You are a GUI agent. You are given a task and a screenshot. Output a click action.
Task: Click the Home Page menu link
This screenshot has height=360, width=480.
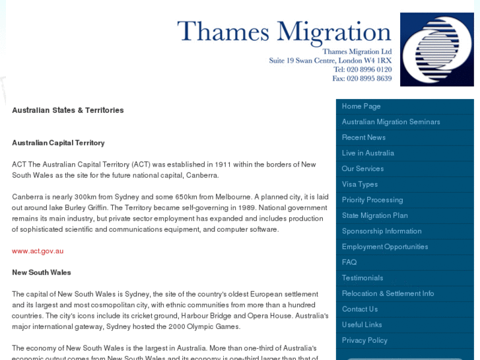point(361,106)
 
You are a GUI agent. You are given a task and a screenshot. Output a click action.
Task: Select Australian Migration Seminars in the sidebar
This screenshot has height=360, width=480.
point(391,122)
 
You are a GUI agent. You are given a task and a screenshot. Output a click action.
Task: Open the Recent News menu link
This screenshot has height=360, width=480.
point(364,137)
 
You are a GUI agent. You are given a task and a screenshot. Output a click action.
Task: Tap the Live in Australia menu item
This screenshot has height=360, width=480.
point(368,153)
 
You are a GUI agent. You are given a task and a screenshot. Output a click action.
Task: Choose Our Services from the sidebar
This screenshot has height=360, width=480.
point(362,169)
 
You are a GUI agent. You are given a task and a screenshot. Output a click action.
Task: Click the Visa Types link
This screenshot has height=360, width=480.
point(360,184)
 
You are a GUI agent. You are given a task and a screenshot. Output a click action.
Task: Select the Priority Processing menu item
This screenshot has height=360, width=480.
point(372,200)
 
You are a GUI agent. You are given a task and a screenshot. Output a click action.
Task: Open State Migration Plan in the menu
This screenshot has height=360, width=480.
point(374,215)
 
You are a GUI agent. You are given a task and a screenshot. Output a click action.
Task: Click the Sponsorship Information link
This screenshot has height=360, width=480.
point(382,231)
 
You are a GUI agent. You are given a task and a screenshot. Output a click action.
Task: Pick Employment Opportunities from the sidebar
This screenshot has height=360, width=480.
point(385,247)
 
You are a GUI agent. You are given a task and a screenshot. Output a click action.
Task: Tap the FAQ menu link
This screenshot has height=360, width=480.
point(349,262)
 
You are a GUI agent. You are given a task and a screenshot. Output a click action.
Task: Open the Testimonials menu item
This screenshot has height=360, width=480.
point(362,278)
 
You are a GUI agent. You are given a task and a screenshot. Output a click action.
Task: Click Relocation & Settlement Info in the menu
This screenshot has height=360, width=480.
point(388,293)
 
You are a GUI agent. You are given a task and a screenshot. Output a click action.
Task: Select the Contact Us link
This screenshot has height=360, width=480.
point(360,309)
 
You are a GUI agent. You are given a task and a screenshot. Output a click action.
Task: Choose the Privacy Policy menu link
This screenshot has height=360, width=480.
point(364,340)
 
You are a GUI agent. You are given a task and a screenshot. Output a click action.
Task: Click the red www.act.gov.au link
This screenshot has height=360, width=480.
point(38,251)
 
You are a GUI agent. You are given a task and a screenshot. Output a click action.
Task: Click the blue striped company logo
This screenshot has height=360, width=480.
point(436,50)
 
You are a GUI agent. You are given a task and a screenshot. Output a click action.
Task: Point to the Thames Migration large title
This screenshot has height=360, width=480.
point(284,32)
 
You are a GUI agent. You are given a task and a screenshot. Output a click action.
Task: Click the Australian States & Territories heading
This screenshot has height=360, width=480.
point(68,110)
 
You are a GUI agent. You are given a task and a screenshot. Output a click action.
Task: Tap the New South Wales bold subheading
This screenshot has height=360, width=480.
point(42,272)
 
